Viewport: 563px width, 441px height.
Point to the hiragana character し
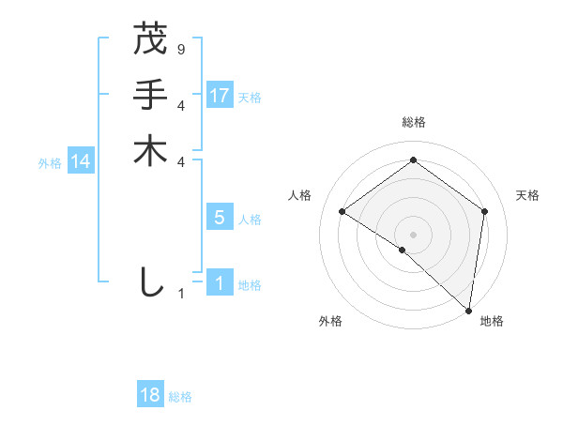click(150, 282)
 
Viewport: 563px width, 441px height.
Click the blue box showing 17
click(220, 95)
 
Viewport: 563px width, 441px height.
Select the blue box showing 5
click(220, 218)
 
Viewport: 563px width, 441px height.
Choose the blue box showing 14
click(82, 161)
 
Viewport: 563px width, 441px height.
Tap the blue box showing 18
click(150, 395)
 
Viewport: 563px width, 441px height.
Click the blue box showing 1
click(220, 283)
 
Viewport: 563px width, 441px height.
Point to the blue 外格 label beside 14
click(50, 163)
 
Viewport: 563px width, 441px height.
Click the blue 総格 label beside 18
click(180, 397)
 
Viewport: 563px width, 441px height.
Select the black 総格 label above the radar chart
click(414, 122)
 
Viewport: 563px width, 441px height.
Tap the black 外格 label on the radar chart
click(330, 321)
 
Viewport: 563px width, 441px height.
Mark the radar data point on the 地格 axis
click(469, 310)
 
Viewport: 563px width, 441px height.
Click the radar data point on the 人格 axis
click(342, 211)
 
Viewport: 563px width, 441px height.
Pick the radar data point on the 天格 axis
click(485, 211)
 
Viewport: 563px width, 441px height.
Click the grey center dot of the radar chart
click(414, 234)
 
